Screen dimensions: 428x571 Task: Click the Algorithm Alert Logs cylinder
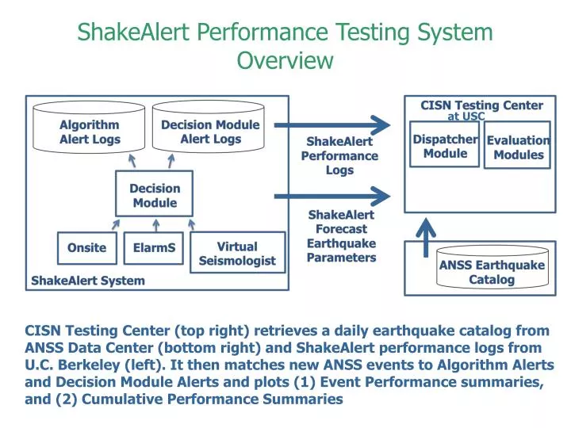point(90,132)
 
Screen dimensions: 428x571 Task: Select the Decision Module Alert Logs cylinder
point(210,132)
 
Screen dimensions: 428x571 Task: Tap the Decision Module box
point(155,196)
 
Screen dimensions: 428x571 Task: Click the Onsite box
point(87,248)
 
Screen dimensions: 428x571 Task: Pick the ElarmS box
point(155,248)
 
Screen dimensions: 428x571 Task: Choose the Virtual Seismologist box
point(237,254)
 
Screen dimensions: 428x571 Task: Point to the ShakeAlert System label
point(88,281)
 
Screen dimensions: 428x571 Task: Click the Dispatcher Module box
point(445,145)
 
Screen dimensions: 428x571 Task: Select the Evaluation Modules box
point(519,147)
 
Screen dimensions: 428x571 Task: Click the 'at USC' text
point(466,117)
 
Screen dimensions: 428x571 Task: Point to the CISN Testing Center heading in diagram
point(481,105)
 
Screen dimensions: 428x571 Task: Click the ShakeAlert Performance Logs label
point(339,155)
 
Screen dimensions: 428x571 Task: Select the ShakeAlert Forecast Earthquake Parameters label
point(341,236)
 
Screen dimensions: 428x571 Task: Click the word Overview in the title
point(285,60)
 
